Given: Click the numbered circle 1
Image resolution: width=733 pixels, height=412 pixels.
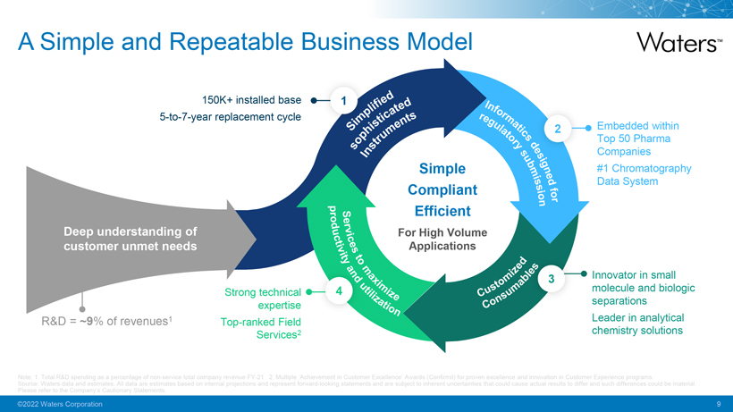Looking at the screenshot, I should [344, 100].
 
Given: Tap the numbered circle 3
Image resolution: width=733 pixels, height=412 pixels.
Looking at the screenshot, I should [552, 280].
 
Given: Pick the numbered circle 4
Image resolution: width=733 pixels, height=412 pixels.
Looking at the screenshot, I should [339, 291].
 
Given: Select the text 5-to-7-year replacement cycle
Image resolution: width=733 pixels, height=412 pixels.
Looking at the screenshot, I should [230, 117].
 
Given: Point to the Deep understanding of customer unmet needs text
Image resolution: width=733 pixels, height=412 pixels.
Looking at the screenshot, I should [131, 240].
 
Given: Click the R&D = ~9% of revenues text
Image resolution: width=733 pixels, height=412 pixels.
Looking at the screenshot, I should [106, 322].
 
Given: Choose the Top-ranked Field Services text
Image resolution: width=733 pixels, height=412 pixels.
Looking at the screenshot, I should [258, 328].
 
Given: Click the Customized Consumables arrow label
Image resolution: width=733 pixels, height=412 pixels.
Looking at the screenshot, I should [501, 285].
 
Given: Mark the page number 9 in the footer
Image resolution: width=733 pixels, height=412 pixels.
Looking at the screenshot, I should [718, 405].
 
